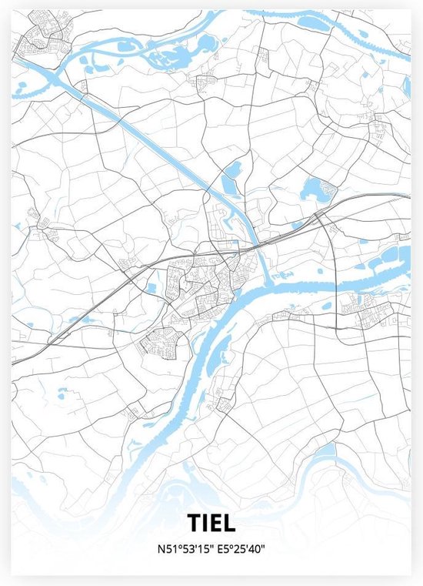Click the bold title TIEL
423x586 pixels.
[211, 523]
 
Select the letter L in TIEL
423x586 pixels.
[229, 523]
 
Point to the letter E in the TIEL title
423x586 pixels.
[216, 523]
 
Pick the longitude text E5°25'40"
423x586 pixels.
[244, 548]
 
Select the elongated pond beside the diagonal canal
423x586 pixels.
[229, 184]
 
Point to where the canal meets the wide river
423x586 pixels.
[265, 274]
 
